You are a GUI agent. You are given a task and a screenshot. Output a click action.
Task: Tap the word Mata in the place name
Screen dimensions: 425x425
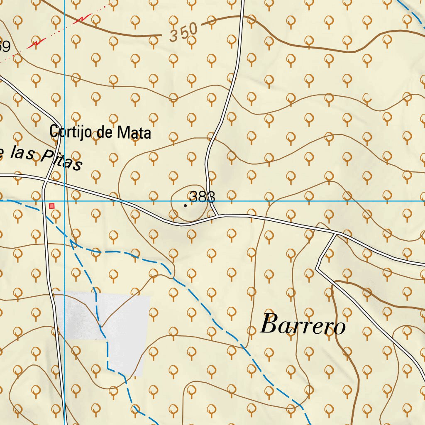134,133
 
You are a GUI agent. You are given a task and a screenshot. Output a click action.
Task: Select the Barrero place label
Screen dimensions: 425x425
303,325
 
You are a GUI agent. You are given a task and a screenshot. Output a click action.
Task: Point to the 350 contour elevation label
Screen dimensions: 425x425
183,32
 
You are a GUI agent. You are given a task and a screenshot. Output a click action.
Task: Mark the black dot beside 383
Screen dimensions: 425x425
185,205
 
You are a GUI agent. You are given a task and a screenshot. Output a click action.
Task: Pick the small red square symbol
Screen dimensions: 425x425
51,206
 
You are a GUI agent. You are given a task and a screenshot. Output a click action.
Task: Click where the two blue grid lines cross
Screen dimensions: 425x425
65,201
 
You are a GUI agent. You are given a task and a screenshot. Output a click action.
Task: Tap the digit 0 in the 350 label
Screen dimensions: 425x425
192,29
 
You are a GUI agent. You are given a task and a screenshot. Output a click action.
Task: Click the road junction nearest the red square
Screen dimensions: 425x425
46,181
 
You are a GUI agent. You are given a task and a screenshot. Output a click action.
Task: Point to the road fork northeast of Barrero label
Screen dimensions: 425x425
335,234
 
